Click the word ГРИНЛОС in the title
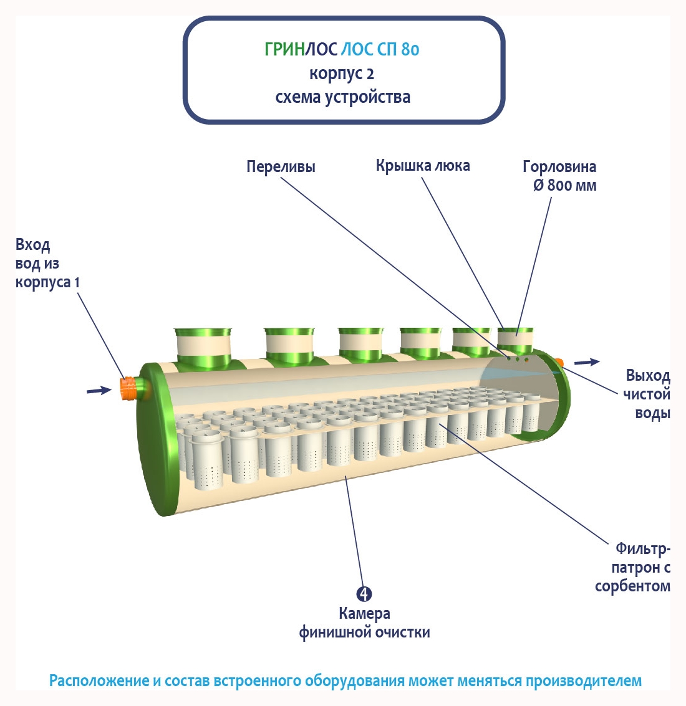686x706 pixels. (x=301, y=49)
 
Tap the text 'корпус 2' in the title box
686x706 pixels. (x=342, y=74)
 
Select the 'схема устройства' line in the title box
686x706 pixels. (x=342, y=97)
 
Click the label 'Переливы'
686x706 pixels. (x=281, y=167)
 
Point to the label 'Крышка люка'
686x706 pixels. (x=422, y=166)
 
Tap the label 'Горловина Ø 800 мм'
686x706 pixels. (x=560, y=176)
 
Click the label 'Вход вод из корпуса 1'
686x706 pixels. (x=47, y=263)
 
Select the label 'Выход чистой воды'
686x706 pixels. (x=647, y=394)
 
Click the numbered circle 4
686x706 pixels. (x=364, y=594)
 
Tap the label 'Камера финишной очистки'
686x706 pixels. (x=364, y=623)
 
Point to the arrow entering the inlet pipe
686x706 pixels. (x=99, y=390)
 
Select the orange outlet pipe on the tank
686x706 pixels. (x=559, y=363)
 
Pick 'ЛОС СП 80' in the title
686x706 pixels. (x=380, y=49)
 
